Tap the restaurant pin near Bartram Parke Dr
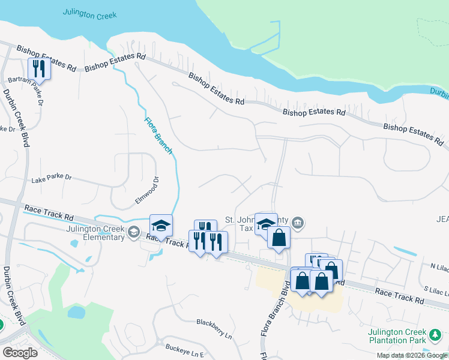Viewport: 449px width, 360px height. coord(39,67)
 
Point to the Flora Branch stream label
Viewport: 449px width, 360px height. coord(158,135)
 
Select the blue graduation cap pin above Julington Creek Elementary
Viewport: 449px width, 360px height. coord(161,225)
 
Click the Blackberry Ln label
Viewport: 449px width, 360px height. coord(214,322)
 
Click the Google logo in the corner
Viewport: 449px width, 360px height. coord(20,353)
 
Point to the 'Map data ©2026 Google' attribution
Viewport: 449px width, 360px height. coord(412,355)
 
